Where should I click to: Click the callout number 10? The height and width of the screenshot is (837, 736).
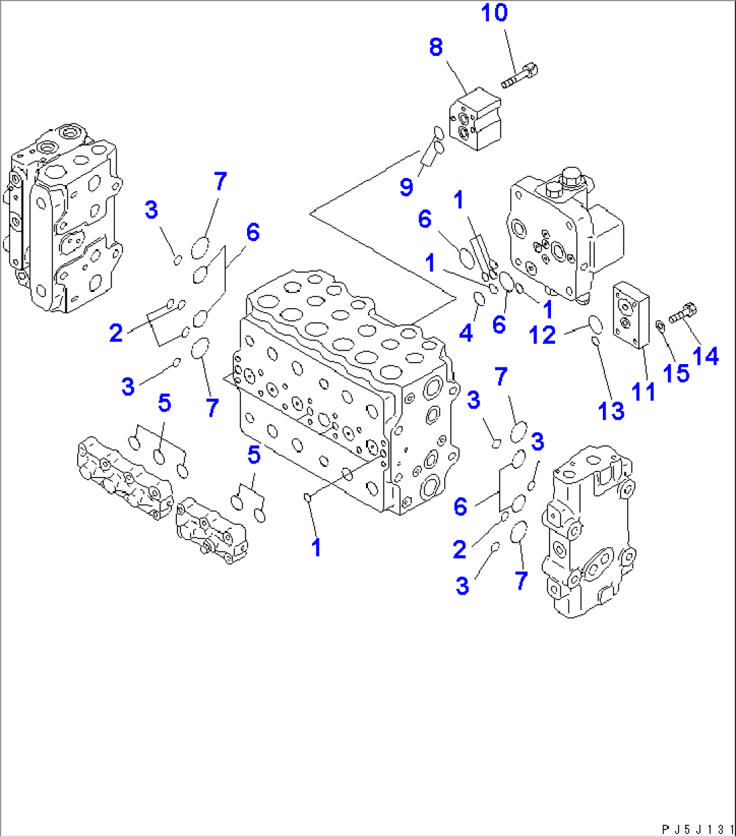pos(494,13)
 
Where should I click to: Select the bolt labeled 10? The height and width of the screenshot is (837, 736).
pos(519,75)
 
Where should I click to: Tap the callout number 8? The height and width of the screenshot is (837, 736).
pos(436,47)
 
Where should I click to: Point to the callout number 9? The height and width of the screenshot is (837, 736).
pos(406,186)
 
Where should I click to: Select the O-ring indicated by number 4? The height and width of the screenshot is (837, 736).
pos(479,298)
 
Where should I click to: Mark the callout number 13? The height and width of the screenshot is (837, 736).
pos(611,410)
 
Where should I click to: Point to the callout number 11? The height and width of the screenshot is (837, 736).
pos(643,391)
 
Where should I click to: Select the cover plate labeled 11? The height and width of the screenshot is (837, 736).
pos(630,317)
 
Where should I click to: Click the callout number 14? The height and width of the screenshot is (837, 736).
pos(706,355)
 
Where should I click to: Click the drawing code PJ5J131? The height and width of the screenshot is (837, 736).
pos(697,829)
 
